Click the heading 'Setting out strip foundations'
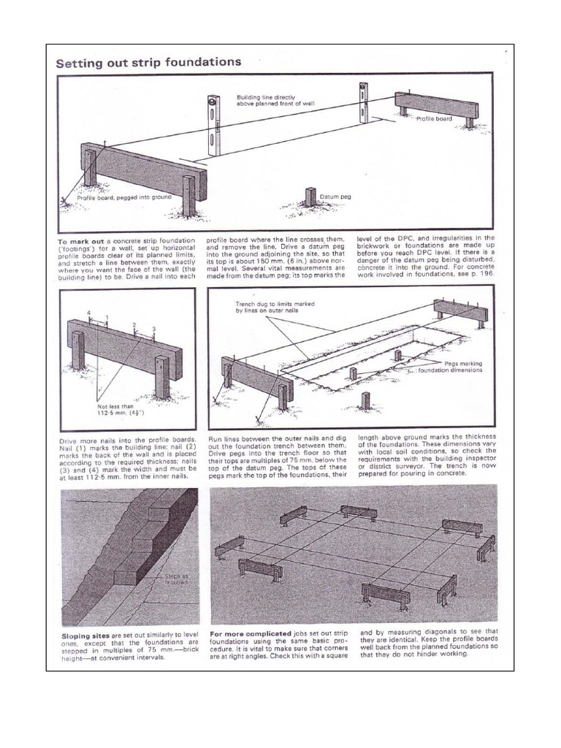tap(149, 62)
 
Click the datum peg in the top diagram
tap(310, 197)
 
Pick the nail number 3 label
tap(154, 329)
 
